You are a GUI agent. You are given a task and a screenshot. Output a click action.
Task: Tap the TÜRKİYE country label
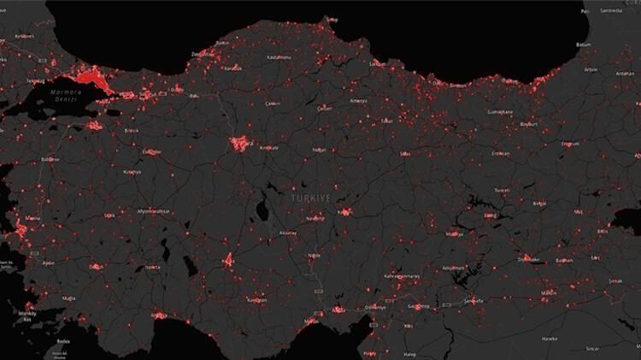pos(309,198)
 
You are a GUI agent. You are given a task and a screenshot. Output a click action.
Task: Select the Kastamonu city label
pos(279,56)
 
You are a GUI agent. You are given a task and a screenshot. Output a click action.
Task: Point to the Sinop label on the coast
pos(332,19)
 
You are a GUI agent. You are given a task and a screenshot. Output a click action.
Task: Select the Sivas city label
pos(405,154)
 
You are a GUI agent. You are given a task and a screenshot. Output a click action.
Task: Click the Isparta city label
pos(152,266)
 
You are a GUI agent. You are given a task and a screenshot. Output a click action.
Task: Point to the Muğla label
pos(70,298)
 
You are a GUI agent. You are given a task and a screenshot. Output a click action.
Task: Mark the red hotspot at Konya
pos(228,260)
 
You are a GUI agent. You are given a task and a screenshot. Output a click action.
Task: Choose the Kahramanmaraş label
pos(402,276)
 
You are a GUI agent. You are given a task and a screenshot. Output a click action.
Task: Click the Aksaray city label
pos(289,233)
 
